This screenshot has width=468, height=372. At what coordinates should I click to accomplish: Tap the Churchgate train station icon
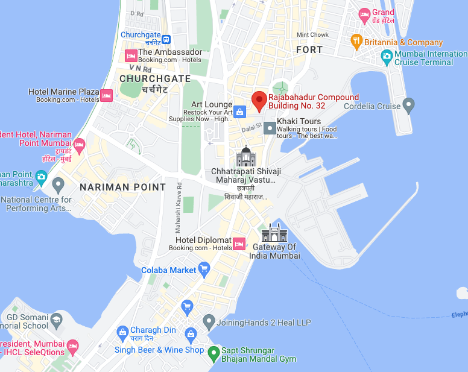point(166,40)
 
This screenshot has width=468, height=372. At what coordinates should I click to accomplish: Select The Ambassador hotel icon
point(131,55)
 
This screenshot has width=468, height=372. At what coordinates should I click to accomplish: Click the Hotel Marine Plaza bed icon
point(107,95)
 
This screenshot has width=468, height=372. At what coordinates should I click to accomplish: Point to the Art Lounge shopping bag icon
point(239,112)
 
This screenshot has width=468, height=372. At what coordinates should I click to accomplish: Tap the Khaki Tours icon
point(269,128)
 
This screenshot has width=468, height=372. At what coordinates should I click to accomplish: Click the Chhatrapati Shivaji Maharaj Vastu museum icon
point(246,157)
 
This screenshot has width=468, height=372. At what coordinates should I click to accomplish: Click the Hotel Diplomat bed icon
point(239,244)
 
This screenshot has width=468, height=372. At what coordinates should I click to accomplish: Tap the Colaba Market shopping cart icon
point(204,268)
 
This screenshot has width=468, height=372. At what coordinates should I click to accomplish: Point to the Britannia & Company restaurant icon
point(356,42)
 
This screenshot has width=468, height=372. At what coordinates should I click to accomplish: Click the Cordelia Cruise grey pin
point(409,106)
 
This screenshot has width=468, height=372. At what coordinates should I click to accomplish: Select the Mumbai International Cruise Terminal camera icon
point(387,58)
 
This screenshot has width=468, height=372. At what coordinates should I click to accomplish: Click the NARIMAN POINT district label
point(122,187)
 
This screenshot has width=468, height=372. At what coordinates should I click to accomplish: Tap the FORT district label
point(309,50)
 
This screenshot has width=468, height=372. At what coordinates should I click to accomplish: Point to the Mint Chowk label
point(312,35)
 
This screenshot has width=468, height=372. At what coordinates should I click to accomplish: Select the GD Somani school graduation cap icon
point(57,319)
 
